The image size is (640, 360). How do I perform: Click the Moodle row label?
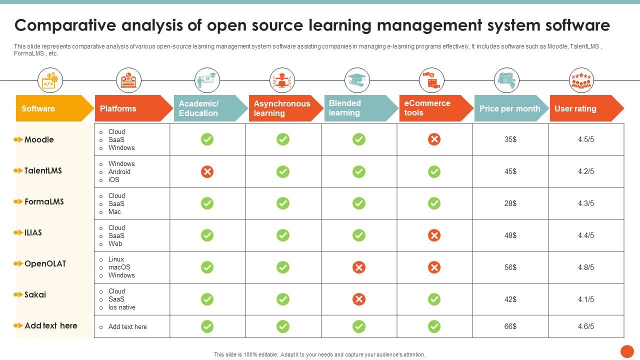pos(39,139)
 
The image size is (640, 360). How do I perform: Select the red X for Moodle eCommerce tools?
pos(434,139)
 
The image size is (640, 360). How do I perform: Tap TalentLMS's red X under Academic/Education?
pos(207,171)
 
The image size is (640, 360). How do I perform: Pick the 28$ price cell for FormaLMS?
pos(510,203)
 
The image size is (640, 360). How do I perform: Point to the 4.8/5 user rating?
pos(585,267)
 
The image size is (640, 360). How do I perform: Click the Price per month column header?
pos(509,108)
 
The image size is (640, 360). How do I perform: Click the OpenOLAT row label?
pos(45,263)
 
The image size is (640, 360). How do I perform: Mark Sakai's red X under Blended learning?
pos(358,299)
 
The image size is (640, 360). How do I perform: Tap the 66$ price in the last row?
pos(510,326)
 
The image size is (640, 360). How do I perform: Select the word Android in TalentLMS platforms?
pos(119,171)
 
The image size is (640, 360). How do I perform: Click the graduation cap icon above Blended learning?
pos(357,80)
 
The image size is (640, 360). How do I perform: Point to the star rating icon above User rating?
pos(581,80)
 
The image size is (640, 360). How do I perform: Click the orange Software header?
pos(52,108)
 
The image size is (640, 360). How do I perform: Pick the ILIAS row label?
pos(33,232)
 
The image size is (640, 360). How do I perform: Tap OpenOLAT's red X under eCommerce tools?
pos(434,267)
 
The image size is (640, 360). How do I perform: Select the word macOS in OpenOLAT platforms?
pos(119,267)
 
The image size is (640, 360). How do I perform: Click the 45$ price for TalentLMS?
pos(510,171)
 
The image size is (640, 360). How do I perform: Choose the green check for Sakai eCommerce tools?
pos(434,299)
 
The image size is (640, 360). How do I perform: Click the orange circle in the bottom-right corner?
pos(627,351)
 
